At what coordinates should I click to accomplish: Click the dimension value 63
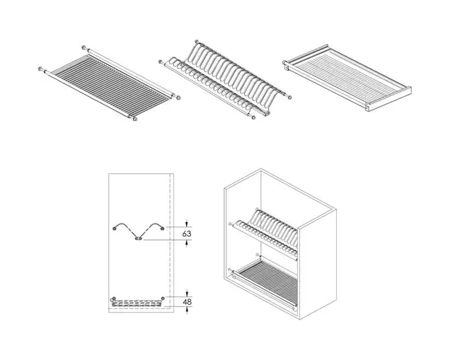187,234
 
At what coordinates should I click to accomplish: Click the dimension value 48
187,302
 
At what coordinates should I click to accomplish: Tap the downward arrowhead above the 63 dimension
187,223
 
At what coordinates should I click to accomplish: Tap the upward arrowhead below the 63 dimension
187,243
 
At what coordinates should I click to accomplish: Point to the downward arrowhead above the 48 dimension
187,294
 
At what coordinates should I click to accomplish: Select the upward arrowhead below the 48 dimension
187,310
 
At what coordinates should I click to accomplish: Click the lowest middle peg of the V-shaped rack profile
139,238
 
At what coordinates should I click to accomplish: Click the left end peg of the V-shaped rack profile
115,228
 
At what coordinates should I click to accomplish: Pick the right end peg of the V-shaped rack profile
163,228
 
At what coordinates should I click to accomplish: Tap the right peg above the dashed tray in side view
163,298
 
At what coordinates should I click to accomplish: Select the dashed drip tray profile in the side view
136,303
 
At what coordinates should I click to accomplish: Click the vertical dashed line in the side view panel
171,243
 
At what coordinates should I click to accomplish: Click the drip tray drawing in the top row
347,78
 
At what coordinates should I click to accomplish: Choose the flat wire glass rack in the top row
110,83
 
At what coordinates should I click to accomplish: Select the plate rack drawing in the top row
225,79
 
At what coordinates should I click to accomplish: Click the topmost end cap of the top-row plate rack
197,42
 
